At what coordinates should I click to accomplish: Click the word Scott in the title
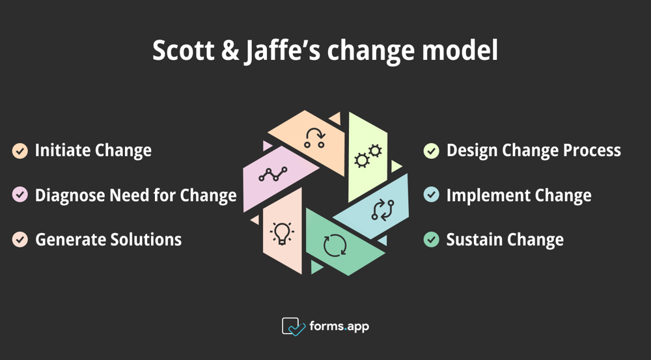[x=182, y=51]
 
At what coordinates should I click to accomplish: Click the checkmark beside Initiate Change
[x=20, y=151]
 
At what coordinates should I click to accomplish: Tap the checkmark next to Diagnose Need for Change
[x=20, y=195]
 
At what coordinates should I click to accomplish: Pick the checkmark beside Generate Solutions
[x=20, y=240]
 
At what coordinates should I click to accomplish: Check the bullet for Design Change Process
[x=431, y=151]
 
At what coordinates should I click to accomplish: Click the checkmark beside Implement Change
[x=431, y=195]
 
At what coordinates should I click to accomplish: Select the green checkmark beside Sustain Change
[x=431, y=240]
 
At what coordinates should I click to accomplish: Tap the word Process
[x=590, y=151]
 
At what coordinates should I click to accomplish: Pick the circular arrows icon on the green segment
[x=335, y=245]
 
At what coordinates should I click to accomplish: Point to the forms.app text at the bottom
[x=339, y=326]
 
